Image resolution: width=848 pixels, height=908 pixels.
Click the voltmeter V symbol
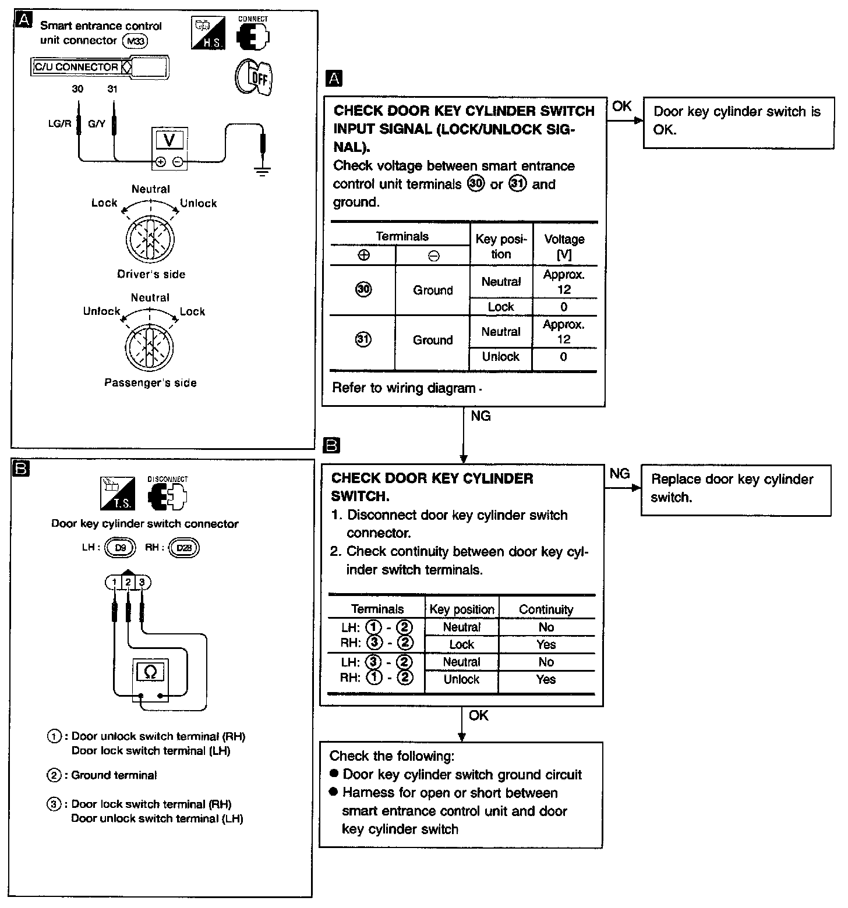click(169, 140)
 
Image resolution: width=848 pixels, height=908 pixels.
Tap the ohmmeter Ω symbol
click(150, 673)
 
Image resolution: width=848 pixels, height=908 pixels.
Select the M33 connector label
click(135, 41)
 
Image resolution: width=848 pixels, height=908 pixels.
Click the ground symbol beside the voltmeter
click(263, 170)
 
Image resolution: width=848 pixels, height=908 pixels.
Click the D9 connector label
click(121, 548)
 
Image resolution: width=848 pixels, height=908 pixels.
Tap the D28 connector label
click(183, 548)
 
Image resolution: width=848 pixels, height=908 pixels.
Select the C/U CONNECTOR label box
click(81, 67)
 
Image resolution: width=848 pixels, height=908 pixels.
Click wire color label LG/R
click(59, 124)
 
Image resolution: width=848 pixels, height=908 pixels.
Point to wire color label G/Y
click(97, 124)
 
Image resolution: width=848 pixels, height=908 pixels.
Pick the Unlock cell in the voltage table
click(501, 357)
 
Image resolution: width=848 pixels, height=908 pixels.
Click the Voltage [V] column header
click(564, 247)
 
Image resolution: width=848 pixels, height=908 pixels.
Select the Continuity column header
click(546, 609)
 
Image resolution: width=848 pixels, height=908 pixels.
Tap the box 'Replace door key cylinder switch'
click(736, 490)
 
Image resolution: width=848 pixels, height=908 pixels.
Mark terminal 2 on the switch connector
click(128, 582)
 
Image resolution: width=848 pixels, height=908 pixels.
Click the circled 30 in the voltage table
click(363, 290)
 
